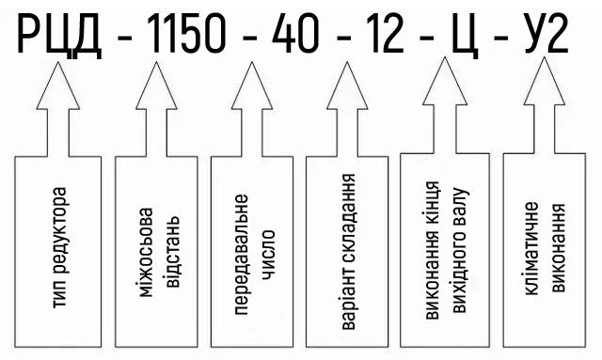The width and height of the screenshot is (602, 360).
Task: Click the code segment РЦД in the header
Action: click(x=59, y=34)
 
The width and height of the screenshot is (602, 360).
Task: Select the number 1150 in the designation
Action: click(x=186, y=33)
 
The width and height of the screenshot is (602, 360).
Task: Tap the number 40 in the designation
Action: click(x=294, y=33)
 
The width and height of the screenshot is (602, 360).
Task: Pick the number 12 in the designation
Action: click(x=386, y=33)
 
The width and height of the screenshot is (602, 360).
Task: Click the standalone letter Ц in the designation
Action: click(x=466, y=36)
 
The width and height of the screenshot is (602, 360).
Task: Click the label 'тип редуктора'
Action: click(x=59, y=247)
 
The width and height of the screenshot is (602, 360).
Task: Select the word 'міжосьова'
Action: click(x=145, y=253)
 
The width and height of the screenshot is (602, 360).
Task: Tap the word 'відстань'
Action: click(x=171, y=252)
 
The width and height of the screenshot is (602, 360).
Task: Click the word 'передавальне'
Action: click(x=241, y=255)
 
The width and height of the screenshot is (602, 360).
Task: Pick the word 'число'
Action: click(x=267, y=255)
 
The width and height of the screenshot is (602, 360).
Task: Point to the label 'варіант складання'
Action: click(x=349, y=252)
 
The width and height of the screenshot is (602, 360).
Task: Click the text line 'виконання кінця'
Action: click(x=433, y=251)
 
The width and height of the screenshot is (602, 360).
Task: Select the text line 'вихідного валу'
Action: click(x=460, y=250)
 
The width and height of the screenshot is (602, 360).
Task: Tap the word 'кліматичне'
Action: click(x=531, y=249)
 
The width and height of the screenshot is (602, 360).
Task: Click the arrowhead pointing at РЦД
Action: click(x=58, y=86)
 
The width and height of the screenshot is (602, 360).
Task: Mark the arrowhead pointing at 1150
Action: click(x=156, y=86)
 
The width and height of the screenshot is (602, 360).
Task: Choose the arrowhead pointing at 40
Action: click(x=252, y=86)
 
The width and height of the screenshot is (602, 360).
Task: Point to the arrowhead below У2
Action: click(x=545, y=81)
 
